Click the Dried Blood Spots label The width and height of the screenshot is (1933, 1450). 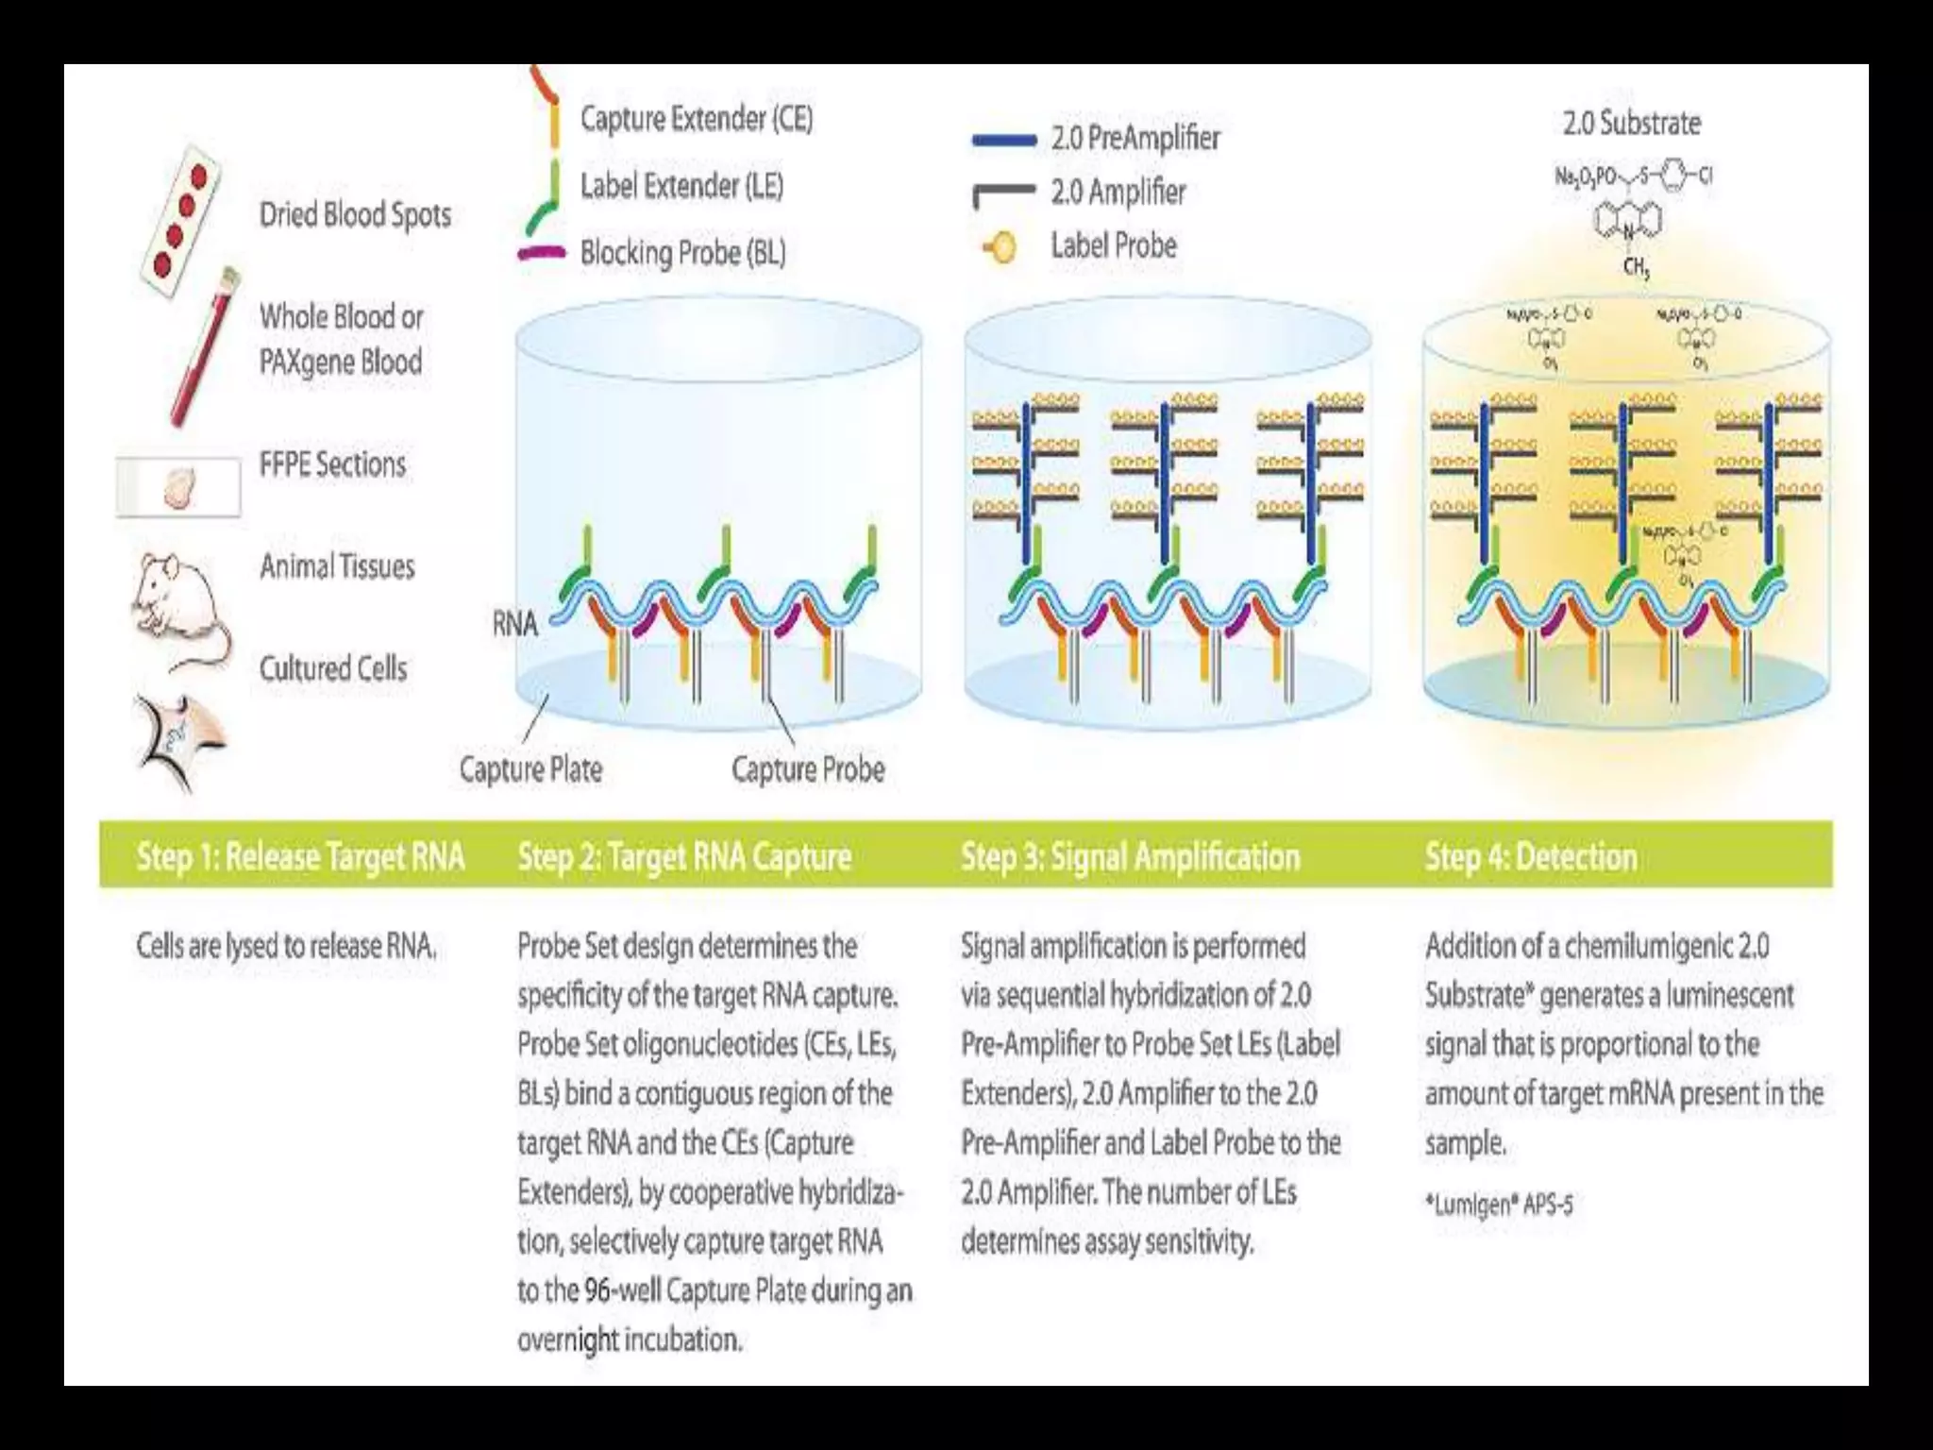(355, 215)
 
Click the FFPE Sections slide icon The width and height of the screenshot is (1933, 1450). (178, 487)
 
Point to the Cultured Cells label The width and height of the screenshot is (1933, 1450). (333, 668)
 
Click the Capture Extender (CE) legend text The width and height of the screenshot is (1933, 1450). (696, 119)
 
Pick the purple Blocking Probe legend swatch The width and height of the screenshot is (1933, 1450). (542, 252)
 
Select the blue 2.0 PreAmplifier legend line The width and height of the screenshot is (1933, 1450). (1004, 141)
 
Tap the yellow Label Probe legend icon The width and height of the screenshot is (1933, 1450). (1000, 248)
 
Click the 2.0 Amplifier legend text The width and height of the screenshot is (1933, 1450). (1118, 193)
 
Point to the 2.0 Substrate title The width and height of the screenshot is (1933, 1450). (1631, 124)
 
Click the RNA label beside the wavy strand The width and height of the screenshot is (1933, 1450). (514, 623)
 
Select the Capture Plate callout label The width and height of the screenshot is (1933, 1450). (530, 769)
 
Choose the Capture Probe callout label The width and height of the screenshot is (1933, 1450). (808, 769)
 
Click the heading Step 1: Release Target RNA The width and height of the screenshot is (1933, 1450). (300, 857)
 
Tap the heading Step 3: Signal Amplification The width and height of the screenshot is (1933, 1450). (1130, 857)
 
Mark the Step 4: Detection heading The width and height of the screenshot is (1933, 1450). (1530, 857)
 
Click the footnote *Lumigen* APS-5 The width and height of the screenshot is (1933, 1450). (1499, 1205)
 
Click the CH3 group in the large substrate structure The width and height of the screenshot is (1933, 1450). (1636, 268)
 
